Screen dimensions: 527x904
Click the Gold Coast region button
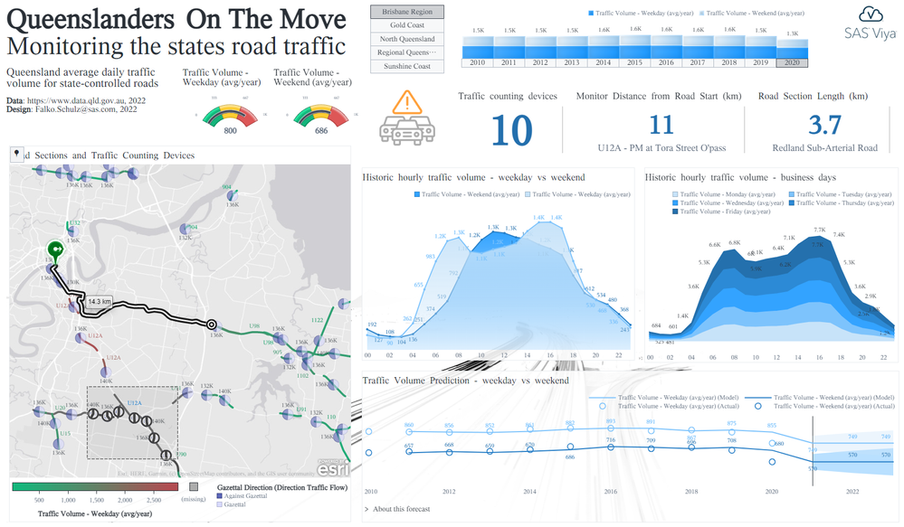coord(407,25)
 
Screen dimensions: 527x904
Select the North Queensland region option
coord(407,39)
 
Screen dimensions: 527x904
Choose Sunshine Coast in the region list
coord(407,66)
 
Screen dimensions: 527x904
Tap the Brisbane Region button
coord(407,12)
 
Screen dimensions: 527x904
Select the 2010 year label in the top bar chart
coord(477,61)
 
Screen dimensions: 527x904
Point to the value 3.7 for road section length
coord(824,125)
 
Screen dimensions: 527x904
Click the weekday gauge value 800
coord(230,131)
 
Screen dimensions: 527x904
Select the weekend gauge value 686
coord(320,131)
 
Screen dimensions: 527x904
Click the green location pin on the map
coord(54,249)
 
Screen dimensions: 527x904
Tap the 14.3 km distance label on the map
coord(99,301)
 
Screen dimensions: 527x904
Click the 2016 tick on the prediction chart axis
coord(610,491)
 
